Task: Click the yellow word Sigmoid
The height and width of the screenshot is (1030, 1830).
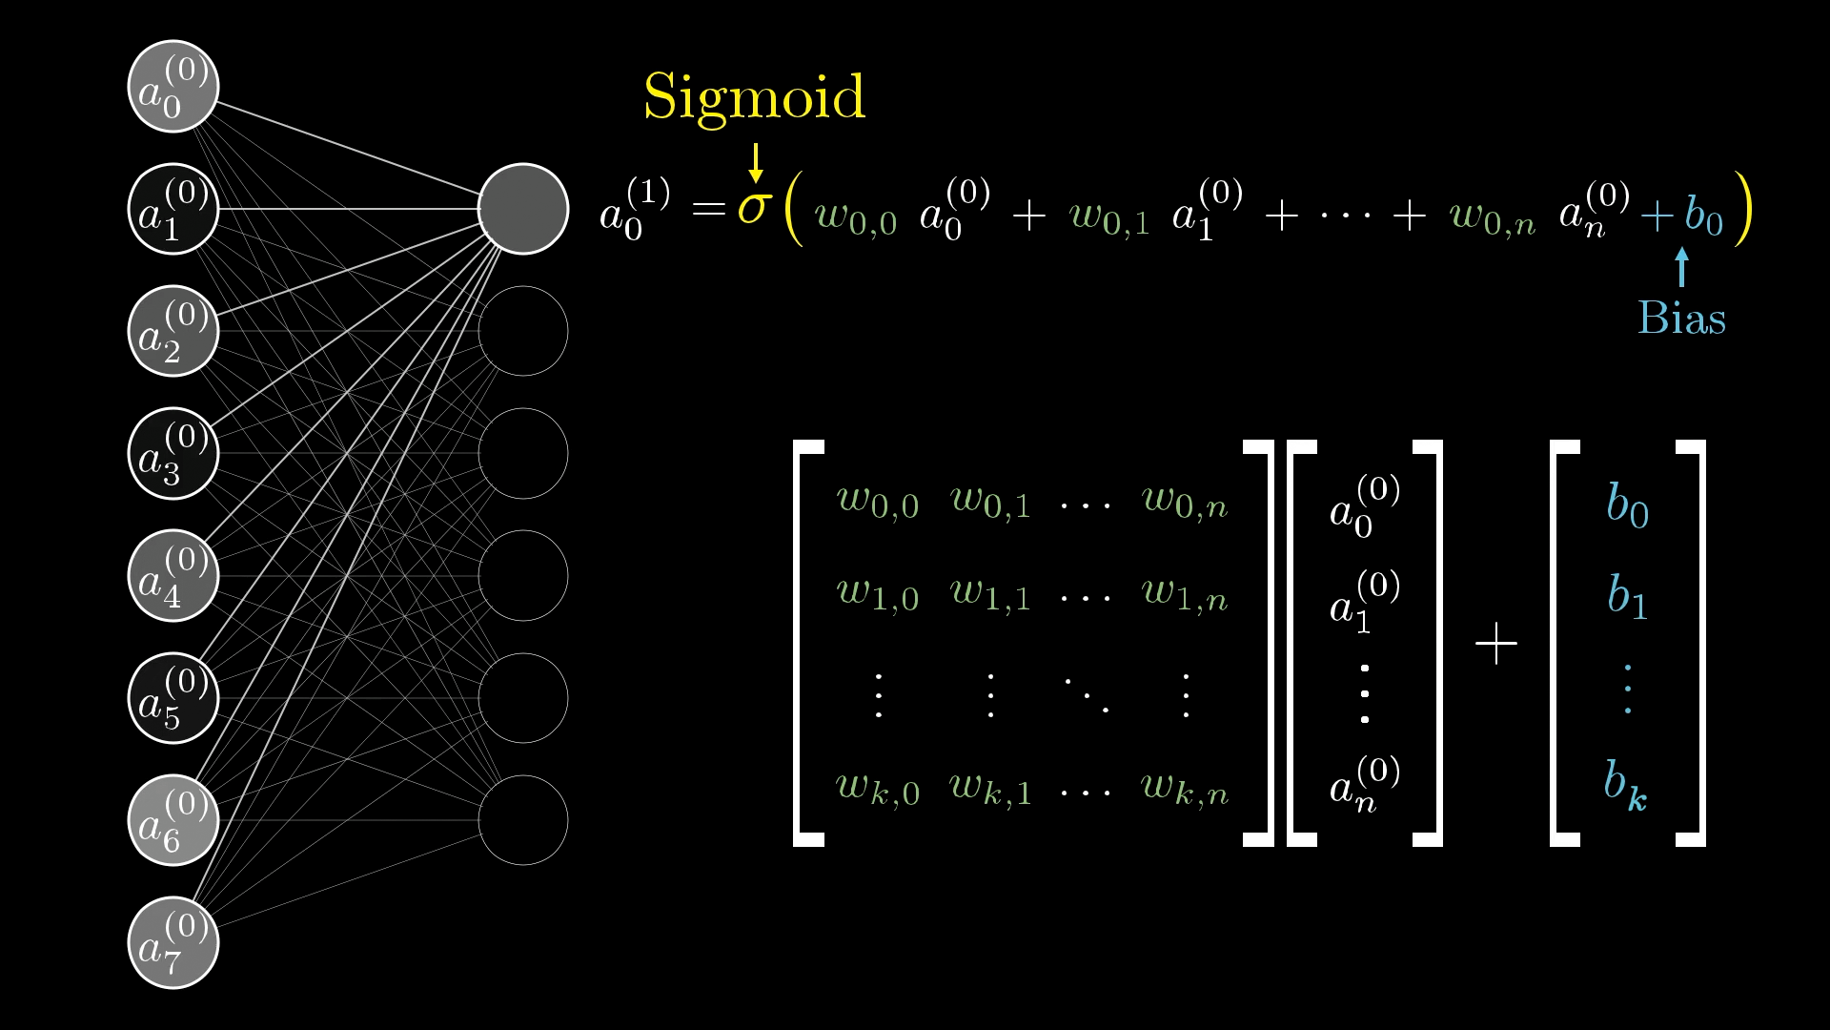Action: point(754,98)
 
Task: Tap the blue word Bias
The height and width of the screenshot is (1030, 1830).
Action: point(1681,318)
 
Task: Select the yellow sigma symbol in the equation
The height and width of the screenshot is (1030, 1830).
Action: point(753,207)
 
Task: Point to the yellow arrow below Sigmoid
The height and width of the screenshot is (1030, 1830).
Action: point(756,163)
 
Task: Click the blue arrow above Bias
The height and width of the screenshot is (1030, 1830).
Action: point(1682,267)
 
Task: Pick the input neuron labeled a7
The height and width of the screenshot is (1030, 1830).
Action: point(173,942)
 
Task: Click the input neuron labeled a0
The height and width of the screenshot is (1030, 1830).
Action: point(173,86)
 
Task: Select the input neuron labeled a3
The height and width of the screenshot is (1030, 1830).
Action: point(173,453)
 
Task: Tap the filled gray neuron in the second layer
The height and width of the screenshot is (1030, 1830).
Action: point(523,209)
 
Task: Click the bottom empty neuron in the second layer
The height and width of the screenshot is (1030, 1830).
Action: point(523,820)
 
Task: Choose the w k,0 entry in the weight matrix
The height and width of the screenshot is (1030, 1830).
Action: point(878,789)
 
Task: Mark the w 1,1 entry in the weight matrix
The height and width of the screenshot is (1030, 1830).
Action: point(991,594)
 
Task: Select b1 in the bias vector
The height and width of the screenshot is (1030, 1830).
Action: point(1628,596)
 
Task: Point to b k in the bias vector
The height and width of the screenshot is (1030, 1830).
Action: point(1626,786)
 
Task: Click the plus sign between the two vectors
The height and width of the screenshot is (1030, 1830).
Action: point(1496,644)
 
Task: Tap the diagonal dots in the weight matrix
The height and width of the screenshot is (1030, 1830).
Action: point(1087,694)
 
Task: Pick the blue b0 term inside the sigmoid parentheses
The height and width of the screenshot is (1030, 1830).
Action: point(1704,216)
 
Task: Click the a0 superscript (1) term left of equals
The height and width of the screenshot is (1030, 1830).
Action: point(635,209)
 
